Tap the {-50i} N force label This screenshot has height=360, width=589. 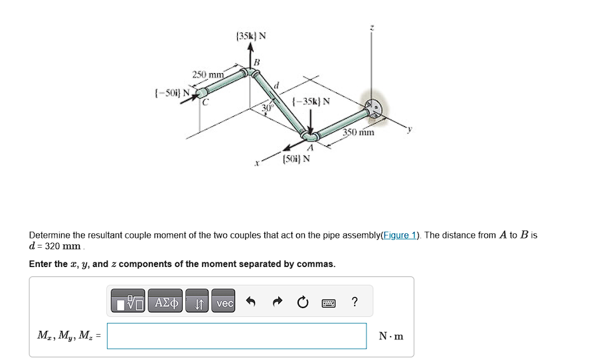tap(169, 90)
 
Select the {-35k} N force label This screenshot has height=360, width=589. tap(307, 101)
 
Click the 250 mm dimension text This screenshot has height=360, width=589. tap(209, 74)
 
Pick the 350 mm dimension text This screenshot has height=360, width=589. tap(359, 132)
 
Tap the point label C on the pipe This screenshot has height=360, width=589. tap(205, 102)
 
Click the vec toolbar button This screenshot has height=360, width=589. tap(224, 303)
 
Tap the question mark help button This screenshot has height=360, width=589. tap(355, 303)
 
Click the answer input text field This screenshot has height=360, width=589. tap(236, 336)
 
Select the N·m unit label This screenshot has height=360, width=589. tap(391, 336)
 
